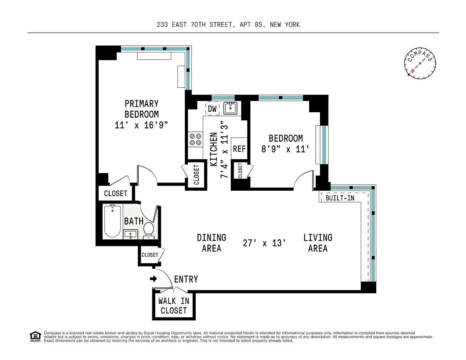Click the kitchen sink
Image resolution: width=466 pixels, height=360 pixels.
pyautogui.click(x=230, y=108)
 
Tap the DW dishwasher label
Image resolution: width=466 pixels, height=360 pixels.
pyautogui.click(x=212, y=109)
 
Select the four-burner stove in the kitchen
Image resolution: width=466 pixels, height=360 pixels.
pyautogui.click(x=195, y=139)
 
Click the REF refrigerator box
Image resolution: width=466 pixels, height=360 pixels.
pyautogui.click(x=239, y=149)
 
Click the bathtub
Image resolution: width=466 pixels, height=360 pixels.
pyautogui.click(x=112, y=221)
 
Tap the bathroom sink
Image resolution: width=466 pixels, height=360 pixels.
pyautogui.click(x=130, y=234)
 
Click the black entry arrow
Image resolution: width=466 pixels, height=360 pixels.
pyautogui.click(x=153, y=279)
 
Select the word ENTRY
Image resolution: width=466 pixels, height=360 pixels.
pyautogui.click(x=186, y=279)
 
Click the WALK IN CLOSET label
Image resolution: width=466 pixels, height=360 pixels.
pyautogui.click(x=174, y=306)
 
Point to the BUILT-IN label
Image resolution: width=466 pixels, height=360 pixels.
pyautogui.click(x=340, y=198)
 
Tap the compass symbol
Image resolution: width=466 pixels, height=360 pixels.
pyautogui.click(x=420, y=63)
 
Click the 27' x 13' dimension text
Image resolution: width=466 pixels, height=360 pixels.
pyautogui.click(x=264, y=243)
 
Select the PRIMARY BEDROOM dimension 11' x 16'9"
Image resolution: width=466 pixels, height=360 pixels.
pyautogui.click(x=141, y=125)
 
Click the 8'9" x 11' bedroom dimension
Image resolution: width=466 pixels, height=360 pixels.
pyautogui.click(x=285, y=149)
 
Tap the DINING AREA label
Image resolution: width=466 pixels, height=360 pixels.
pyautogui.click(x=212, y=243)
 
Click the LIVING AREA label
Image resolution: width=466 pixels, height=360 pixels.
pyautogui.click(x=318, y=243)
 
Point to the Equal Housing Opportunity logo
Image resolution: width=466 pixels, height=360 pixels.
pyautogui.click(x=35, y=337)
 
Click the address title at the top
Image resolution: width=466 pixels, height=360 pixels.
pyautogui.click(x=228, y=24)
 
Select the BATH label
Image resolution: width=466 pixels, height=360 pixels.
pyautogui.click(x=134, y=221)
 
